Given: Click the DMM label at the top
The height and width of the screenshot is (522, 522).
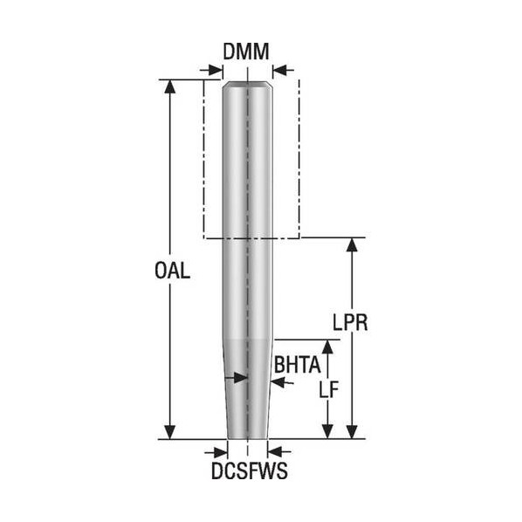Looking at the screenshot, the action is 246,52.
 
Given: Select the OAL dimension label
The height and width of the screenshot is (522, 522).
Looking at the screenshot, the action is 173,270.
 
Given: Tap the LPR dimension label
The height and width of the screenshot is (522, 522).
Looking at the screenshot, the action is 350,322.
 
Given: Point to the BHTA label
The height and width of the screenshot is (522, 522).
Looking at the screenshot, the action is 297,365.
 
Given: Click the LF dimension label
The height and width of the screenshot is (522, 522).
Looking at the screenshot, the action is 329,389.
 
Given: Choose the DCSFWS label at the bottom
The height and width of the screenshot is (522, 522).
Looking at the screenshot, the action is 250,470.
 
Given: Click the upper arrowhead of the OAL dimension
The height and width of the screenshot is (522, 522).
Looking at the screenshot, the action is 170,86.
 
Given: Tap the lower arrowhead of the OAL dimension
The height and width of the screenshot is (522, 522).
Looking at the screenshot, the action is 170,432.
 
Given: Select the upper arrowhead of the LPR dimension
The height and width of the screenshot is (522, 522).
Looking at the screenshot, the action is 352,244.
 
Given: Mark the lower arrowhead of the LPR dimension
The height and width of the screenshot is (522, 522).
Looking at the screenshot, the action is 352,432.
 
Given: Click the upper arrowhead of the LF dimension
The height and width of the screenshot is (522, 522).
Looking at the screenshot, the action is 328,347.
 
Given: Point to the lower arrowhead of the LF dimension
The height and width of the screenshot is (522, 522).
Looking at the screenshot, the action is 328,432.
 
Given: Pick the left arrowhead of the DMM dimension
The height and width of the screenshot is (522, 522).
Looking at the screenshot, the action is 216,70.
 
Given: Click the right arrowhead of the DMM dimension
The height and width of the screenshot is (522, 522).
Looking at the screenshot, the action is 279,70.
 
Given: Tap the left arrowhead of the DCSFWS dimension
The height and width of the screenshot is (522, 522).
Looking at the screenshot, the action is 221,452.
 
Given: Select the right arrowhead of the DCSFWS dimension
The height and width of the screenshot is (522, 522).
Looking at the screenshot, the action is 274,452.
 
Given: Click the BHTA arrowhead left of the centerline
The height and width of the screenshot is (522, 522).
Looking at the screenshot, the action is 241,378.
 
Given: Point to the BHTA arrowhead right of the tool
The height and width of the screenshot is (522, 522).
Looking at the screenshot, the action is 278,382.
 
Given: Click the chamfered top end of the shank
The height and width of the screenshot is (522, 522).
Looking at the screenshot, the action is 248,84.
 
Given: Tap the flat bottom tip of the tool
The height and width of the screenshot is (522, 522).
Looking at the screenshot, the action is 248,438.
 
